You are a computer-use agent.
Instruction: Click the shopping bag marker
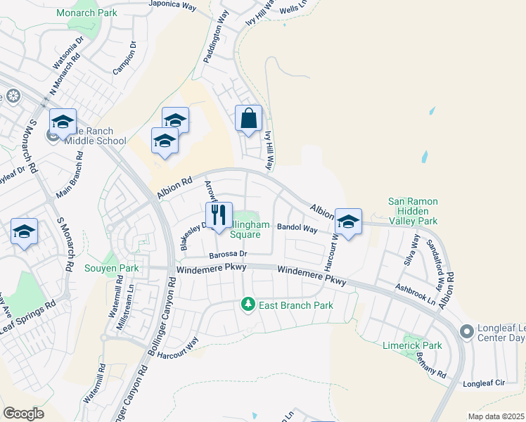pyautogui.click(x=249, y=119)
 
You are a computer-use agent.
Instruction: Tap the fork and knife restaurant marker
pyautogui.click(x=219, y=215)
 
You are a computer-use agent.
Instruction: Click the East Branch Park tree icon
pyautogui.click(x=248, y=305)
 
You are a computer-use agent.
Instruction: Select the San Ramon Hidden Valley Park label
pyautogui.click(x=413, y=211)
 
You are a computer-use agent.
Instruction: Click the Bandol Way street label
pyautogui.click(x=298, y=229)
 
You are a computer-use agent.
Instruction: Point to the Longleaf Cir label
pyautogui.click(x=485, y=384)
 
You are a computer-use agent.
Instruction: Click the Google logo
pyautogui.click(x=23, y=414)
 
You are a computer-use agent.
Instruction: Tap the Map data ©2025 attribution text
pyautogui.click(x=496, y=416)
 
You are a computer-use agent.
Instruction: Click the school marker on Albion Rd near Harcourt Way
pyautogui.click(x=347, y=222)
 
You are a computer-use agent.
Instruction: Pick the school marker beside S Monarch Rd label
pyautogui.click(x=24, y=232)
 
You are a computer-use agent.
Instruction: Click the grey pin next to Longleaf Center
pyautogui.click(x=466, y=331)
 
